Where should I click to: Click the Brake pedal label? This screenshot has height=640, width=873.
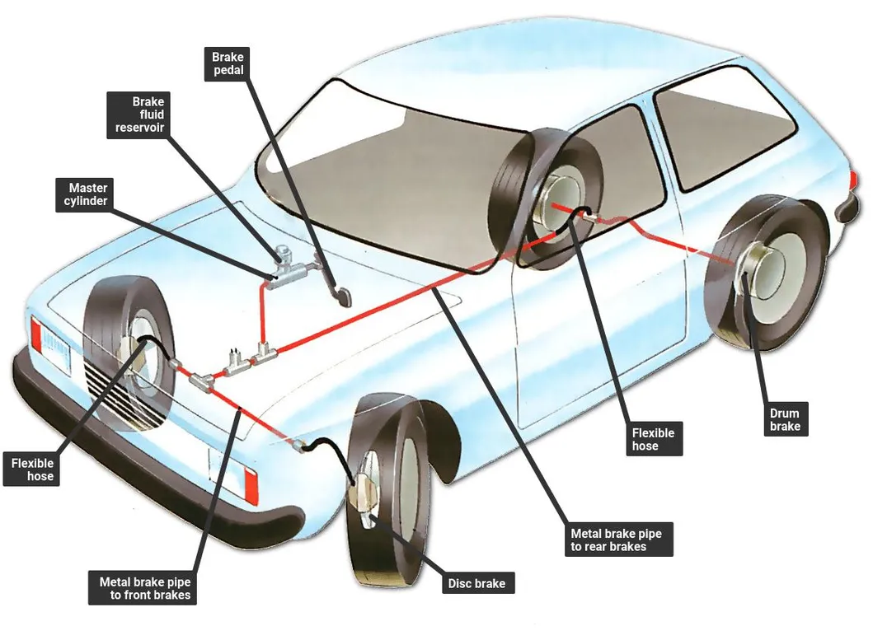[228, 63]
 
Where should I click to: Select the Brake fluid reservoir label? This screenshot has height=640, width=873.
[138, 114]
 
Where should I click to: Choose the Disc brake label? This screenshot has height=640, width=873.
[476, 584]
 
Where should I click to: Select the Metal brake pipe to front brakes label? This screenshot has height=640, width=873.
[144, 587]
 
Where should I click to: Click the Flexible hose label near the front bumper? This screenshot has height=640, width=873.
[32, 469]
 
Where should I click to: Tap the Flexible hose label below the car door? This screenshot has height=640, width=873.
[653, 439]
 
